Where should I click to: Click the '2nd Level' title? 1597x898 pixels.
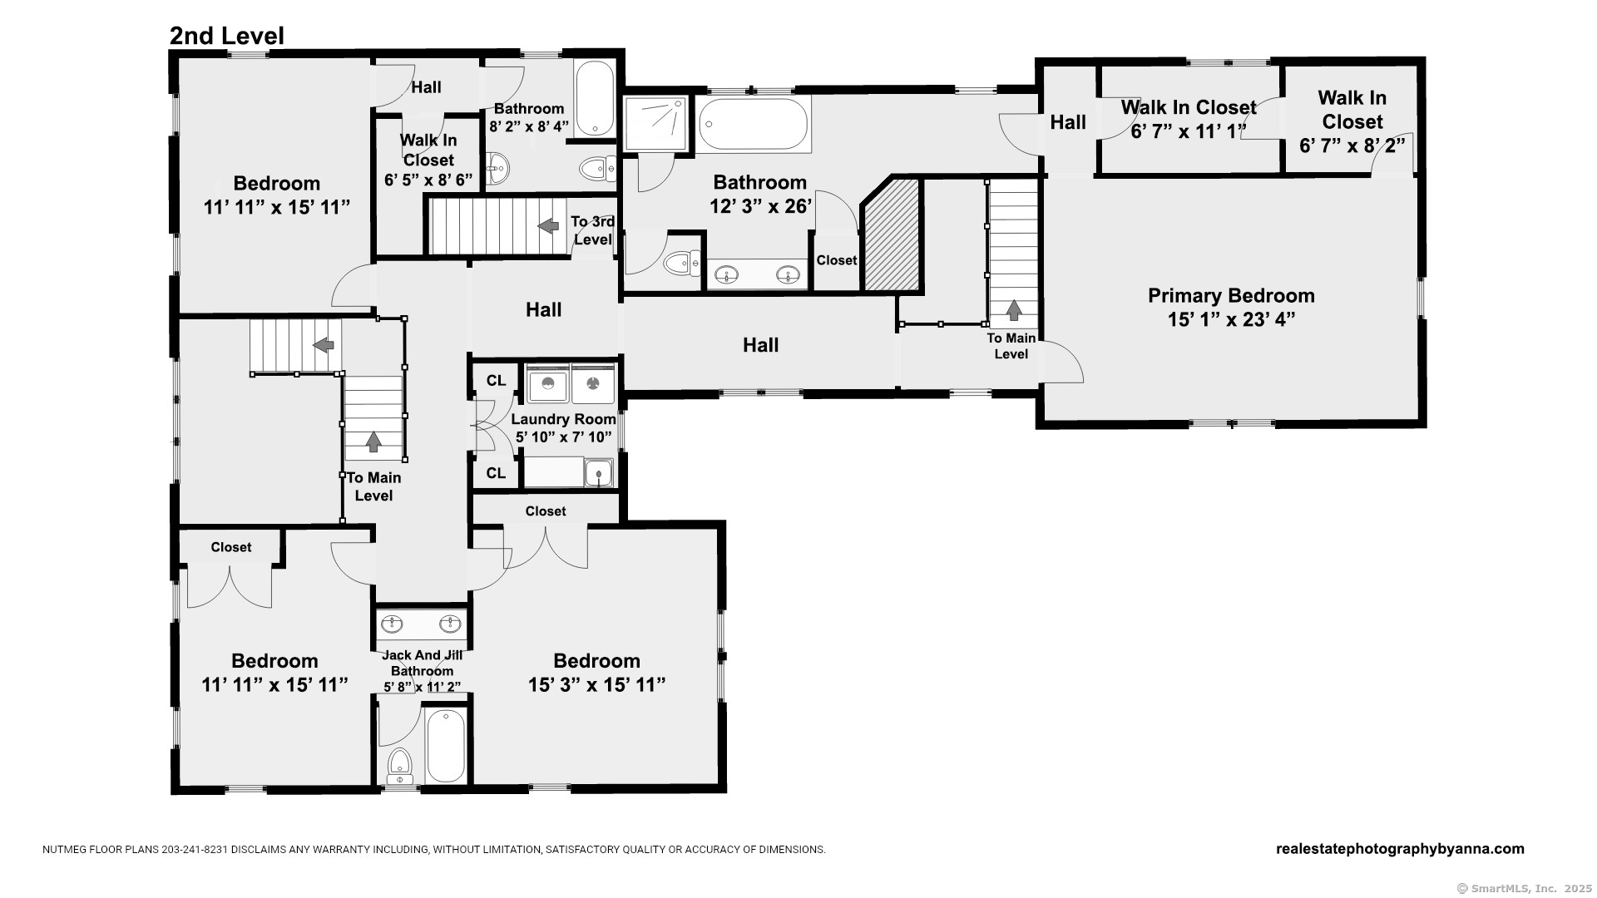pos(227,36)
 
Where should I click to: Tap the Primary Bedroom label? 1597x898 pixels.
pos(1231,296)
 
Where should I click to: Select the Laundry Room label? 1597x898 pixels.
pos(564,420)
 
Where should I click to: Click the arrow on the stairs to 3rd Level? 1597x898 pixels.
pos(548,225)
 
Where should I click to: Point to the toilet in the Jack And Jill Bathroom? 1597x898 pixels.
pos(400,766)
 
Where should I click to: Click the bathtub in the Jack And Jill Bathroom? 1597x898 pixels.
pos(446,745)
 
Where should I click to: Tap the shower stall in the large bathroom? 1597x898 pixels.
pos(656,124)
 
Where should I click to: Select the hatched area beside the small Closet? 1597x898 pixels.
pos(892,234)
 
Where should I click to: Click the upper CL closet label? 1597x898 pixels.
pos(496,381)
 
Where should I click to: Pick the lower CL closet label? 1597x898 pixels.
pos(496,474)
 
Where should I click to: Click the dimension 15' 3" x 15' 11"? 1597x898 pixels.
pos(597,685)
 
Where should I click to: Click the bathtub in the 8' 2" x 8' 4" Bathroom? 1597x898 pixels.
pos(594,98)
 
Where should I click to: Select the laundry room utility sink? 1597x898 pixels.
pos(598,473)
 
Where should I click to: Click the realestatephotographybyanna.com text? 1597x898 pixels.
pos(1400,849)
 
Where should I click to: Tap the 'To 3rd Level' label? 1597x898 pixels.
pos(593,231)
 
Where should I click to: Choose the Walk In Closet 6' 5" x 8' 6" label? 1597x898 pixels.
pos(428,160)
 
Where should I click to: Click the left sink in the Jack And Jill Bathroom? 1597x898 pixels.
pos(392,623)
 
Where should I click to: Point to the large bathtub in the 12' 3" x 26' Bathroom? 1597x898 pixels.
pos(754,124)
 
